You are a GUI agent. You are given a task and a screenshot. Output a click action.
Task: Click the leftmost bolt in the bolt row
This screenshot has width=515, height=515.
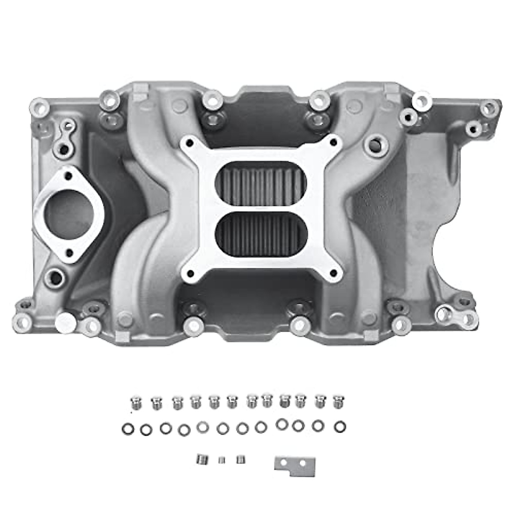(134, 402)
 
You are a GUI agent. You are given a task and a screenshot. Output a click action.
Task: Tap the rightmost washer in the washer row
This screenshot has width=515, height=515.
(339, 427)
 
